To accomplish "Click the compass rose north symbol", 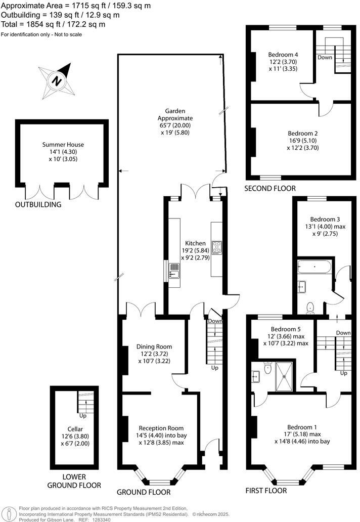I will [57, 80].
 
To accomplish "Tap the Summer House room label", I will [63, 145].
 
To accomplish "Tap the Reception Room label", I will [161, 427].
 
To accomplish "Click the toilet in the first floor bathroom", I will [310, 307].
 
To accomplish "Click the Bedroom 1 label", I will [302, 426].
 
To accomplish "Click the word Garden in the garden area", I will [175, 111].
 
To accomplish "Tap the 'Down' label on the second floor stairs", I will [325, 58].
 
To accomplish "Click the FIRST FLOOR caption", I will [266, 491].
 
